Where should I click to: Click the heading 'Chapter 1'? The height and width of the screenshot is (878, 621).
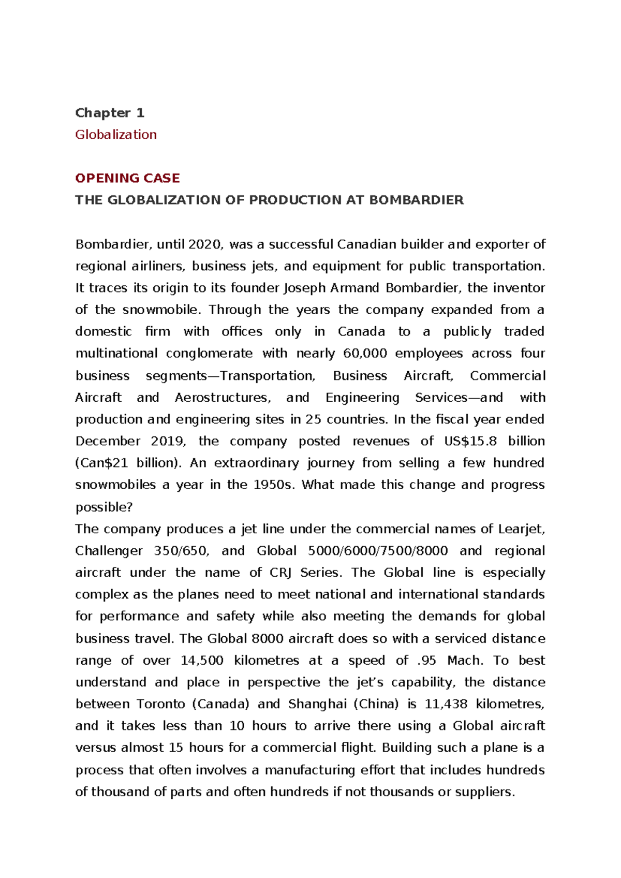(110, 113)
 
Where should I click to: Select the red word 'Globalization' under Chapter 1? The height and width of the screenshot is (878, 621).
(116, 135)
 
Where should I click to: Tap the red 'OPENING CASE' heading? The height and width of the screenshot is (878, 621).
(127, 178)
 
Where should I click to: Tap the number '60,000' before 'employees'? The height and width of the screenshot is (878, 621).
(365, 354)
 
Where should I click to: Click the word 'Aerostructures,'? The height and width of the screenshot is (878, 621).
(223, 398)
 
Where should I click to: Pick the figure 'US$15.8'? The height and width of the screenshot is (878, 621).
(470, 441)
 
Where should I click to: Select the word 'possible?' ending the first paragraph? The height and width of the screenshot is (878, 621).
(104, 507)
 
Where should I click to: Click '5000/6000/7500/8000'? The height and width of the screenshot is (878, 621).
(378, 551)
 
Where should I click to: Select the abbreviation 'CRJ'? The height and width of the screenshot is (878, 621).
(281, 573)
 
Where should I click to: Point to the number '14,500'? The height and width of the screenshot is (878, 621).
(202, 661)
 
